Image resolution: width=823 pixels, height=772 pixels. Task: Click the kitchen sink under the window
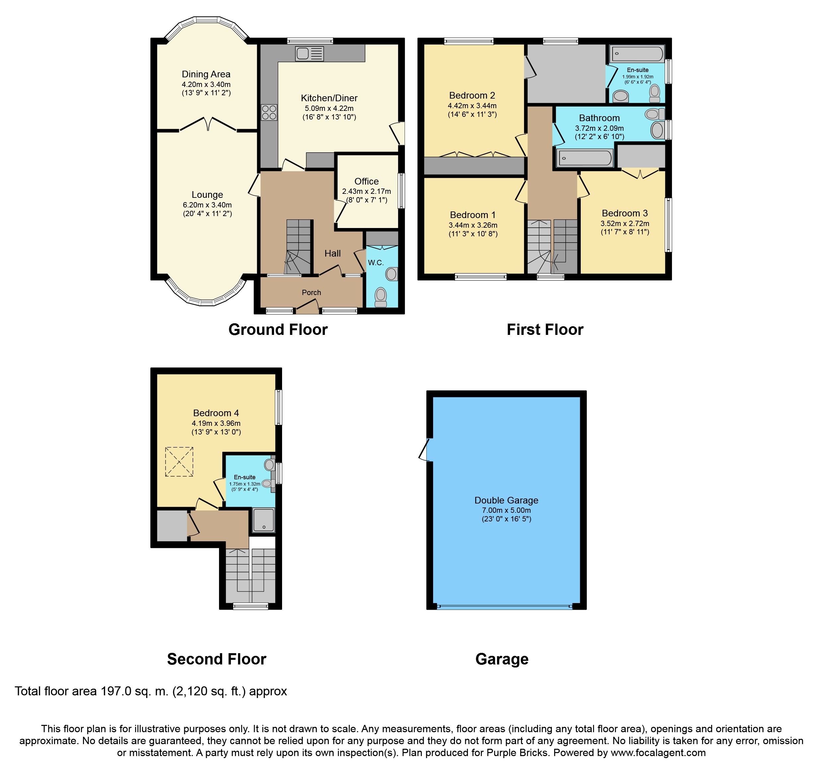[309, 53]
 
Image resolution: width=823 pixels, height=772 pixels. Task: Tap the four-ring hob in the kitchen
[269, 113]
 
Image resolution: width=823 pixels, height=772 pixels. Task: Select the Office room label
[366, 181]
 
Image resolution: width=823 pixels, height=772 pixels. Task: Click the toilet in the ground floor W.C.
[380, 297]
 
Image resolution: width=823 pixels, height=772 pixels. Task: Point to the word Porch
[311, 293]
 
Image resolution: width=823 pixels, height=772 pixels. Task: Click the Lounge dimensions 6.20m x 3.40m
[207, 205]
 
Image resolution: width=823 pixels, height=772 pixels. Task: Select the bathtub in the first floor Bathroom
[584, 158]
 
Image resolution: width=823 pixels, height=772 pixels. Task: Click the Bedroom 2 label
[472, 95]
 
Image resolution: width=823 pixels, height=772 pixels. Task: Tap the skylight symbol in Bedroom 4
[179, 462]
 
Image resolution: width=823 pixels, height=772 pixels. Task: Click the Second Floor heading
[216, 659]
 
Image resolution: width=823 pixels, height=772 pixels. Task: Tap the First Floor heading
[545, 330]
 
